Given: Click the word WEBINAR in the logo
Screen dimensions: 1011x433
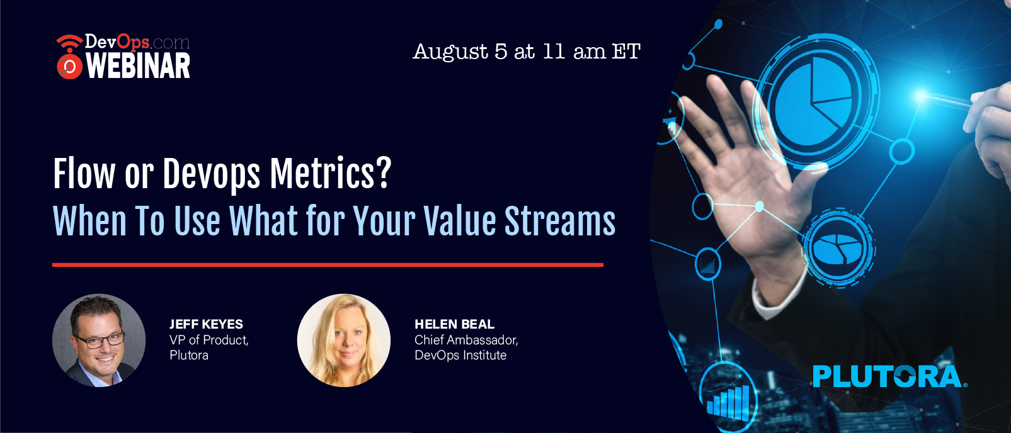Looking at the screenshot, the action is coord(138,66).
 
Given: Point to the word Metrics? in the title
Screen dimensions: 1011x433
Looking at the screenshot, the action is coord(330,174).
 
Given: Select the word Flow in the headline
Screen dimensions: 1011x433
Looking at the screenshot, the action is coord(84,174).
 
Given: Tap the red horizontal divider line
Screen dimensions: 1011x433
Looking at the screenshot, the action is coord(328,265).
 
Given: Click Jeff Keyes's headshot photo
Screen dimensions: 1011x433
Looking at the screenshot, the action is coord(99,340).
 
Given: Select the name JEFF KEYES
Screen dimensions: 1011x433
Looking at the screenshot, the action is coord(206,324).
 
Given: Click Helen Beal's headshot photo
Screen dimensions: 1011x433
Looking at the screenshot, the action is coord(344,340).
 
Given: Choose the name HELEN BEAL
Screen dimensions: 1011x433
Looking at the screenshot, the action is coord(455,324).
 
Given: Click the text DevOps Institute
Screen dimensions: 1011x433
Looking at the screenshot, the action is coord(460,356).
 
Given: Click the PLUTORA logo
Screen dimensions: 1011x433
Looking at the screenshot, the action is coord(889,376).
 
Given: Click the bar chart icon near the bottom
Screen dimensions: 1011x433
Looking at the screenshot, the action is coord(728,401).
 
